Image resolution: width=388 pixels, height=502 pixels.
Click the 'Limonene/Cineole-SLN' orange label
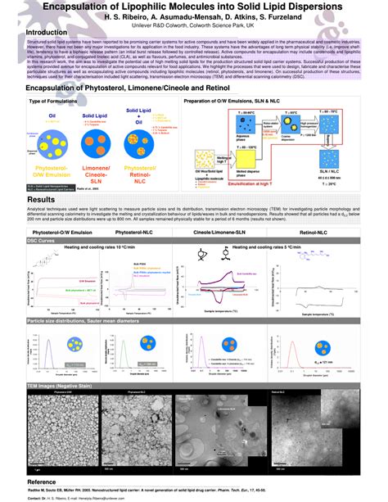(98, 172)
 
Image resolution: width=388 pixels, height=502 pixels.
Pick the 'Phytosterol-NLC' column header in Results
(129, 233)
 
